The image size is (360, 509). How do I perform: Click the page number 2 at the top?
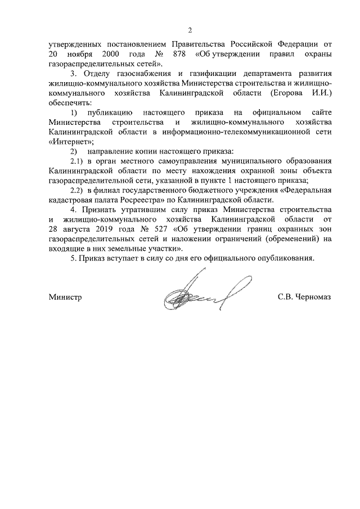pyautogui.click(x=190, y=30)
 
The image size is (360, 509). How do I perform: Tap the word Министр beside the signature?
pyautogui.click(x=65, y=297)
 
